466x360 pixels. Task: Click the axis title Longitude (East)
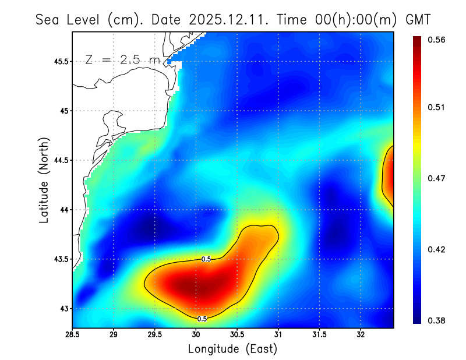232,349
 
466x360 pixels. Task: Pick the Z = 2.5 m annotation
122,59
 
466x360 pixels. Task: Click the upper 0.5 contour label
206,259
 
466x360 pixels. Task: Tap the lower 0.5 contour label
202,319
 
